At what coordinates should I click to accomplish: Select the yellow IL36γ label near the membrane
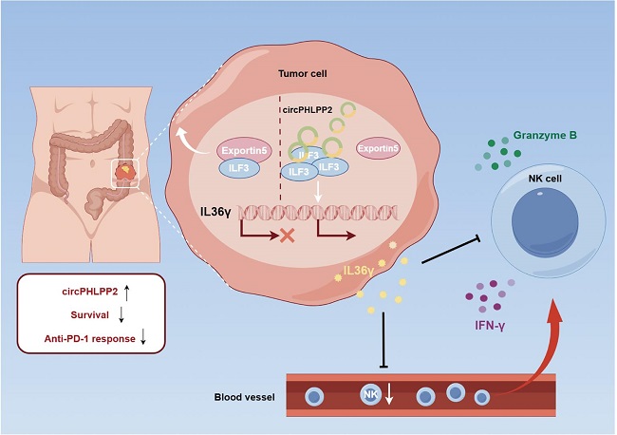click(x=358, y=271)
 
